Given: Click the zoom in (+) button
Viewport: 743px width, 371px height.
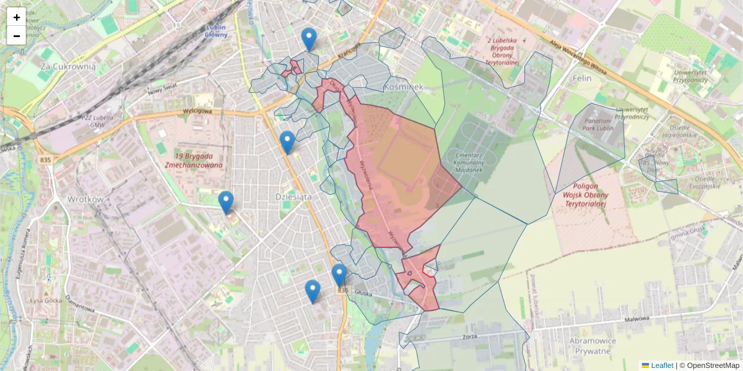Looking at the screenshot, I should click(17, 17).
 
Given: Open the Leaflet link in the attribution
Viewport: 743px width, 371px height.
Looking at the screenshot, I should click(661, 365).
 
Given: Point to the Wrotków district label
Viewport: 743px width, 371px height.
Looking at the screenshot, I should click(84, 199).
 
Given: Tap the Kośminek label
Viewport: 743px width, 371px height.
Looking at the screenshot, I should click(403, 87).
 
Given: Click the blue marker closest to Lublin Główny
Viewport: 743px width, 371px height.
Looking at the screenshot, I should click(309, 39).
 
